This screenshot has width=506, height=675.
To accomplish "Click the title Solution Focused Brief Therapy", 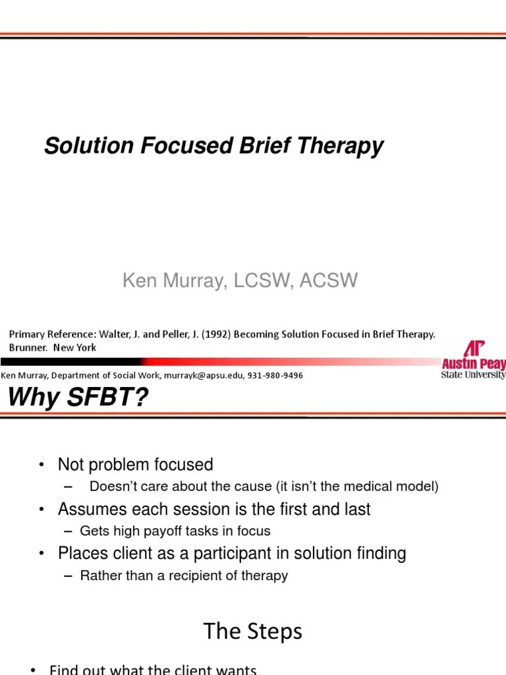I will tap(213, 146).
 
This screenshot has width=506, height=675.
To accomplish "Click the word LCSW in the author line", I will tap(262, 281).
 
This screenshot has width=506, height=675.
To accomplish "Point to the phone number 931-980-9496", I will tap(276, 375).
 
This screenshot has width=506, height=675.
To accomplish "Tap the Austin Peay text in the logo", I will tap(473, 363).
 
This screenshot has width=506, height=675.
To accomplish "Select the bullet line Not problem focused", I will tap(135, 465).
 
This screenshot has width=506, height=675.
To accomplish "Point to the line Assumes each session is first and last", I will tap(214, 509).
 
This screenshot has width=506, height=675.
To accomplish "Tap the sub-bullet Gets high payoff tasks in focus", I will tap(175, 531).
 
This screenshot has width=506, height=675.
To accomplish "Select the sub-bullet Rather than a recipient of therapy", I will tap(184, 575).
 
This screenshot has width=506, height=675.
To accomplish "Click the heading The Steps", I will tap(253, 631).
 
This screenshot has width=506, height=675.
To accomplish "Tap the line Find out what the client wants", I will tap(153, 669).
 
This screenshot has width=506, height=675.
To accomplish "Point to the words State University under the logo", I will tap(473, 375).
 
